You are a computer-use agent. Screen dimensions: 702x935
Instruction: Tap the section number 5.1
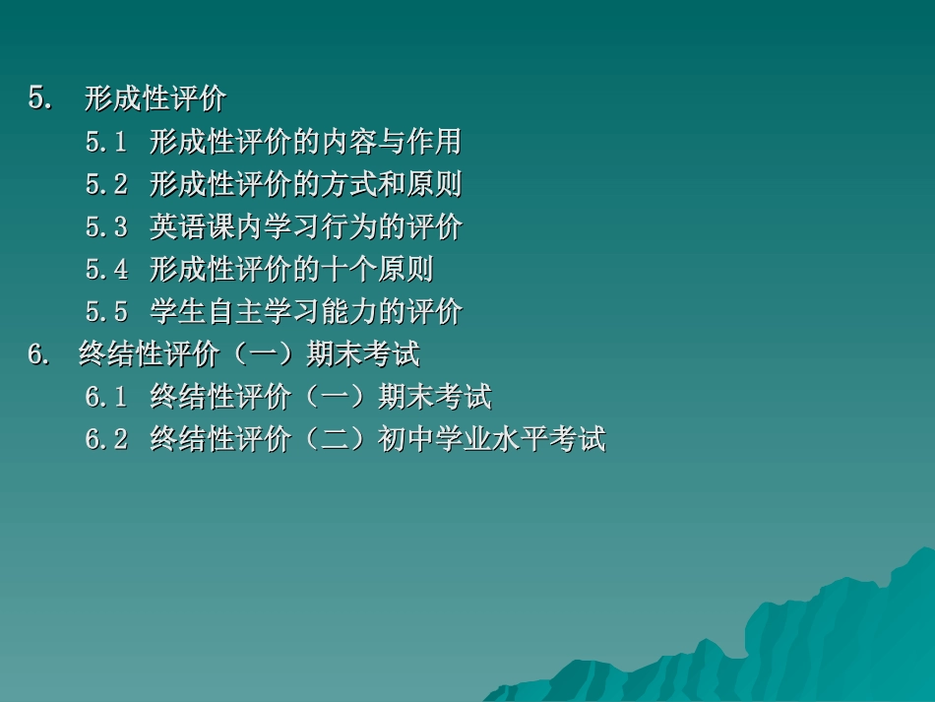(x=106, y=143)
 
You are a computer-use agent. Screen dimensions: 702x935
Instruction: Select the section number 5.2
(x=106, y=185)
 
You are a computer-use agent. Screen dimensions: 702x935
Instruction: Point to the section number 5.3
(x=106, y=227)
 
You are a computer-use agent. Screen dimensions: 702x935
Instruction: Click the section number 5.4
(x=106, y=270)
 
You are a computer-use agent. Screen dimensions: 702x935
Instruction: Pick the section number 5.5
(x=106, y=313)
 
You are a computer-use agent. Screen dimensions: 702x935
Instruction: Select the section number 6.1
(x=106, y=398)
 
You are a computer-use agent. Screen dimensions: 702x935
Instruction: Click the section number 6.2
(x=106, y=440)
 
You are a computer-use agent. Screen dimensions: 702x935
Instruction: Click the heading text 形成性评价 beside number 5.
(x=156, y=99)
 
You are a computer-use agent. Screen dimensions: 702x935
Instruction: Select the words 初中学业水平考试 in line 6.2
(x=491, y=440)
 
